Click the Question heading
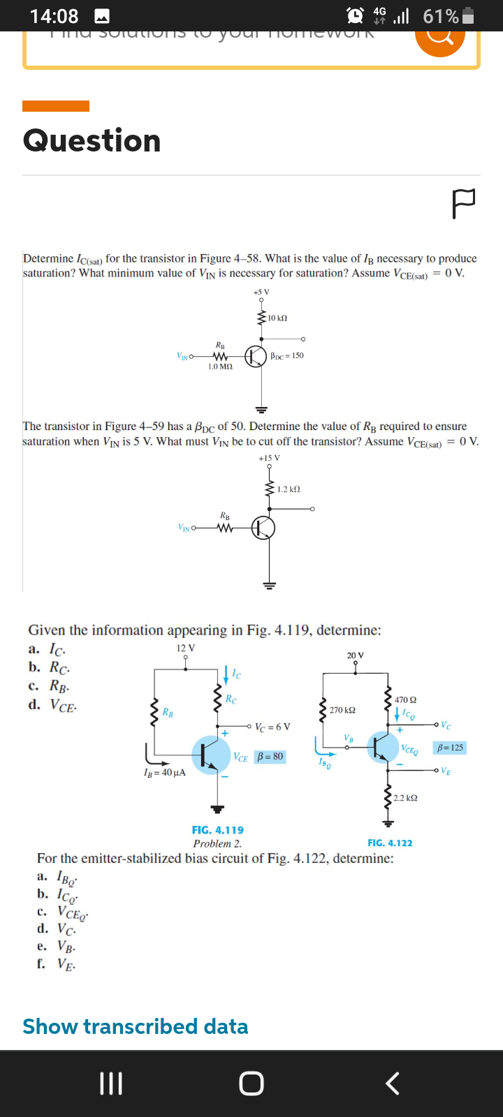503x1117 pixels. tap(92, 140)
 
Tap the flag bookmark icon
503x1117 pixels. tap(464, 203)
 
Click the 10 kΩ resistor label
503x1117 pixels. tap(277, 318)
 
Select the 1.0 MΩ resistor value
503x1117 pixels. tap(220, 367)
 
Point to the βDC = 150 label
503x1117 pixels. tap(286, 355)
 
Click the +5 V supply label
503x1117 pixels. tap(261, 292)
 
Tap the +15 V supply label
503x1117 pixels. tap(269, 458)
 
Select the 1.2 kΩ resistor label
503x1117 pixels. tap(289, 489)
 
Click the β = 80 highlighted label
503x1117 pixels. tap(270, 757)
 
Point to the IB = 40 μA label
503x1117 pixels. tap(164, 773)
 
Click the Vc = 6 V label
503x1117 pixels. tap(272, 727)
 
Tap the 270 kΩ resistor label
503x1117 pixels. tap(342, 710)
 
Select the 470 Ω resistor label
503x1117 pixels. tap(405, 700)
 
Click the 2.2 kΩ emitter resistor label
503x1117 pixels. tap(405, 797)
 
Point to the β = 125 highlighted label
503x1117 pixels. tap(450, 748)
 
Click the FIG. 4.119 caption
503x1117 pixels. tap(218, 830)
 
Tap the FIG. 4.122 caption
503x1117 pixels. tap(390, 843)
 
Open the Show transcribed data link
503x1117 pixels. tap(136, 1026)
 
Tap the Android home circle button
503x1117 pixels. tap(251, 1083)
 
